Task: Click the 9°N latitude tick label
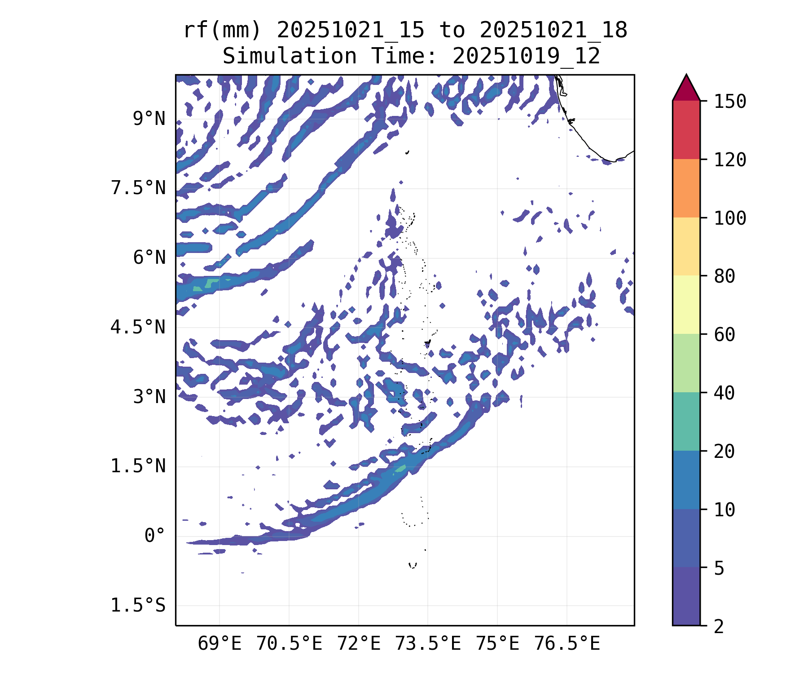pos(149,119)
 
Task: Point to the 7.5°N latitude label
pos(138,188)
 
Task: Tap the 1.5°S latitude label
pos(138,606)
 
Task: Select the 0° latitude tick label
pos(155,536)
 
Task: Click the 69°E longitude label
pos(220,644)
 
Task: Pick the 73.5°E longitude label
pos(428,644)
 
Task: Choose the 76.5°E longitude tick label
pos(567,644)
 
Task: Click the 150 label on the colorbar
pos(730,102)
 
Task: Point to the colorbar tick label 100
pos(730,218)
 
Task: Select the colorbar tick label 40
pos(725,393)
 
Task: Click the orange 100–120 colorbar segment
pos(686,188)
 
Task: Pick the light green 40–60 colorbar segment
pos(686,363)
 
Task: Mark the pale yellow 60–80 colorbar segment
pos(686,305)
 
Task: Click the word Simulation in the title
pos(290,57)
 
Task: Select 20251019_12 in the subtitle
pos(526,57)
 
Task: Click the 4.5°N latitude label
pos(138,327)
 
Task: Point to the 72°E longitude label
pos(359,644)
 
